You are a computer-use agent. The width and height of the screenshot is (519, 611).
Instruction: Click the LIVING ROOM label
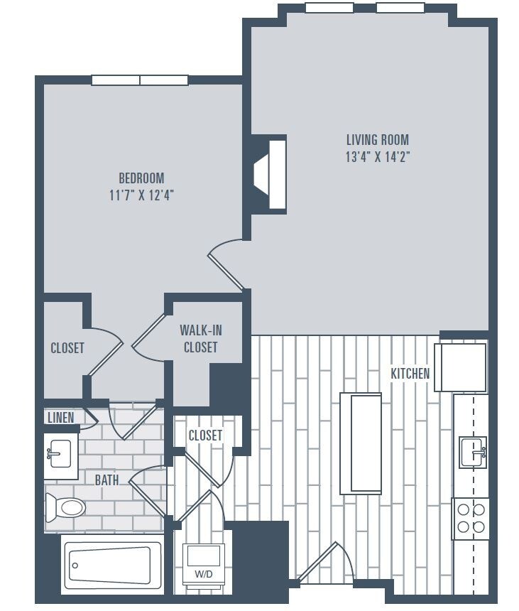tap(377, 140)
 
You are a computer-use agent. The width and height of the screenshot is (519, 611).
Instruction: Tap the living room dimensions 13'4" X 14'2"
tap(377, 158)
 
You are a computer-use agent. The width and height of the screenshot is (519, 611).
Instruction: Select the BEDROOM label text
tap(141, 178)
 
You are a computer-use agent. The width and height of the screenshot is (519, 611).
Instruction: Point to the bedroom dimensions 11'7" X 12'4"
tap(141, 195)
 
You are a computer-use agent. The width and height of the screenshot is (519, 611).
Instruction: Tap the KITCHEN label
tap(410, 373)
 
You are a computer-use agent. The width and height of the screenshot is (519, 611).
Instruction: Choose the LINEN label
tap(60, 418)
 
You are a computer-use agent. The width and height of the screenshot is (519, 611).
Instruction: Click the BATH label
tap(107, 480)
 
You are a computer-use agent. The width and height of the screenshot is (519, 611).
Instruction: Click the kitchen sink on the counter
tap(473, 451)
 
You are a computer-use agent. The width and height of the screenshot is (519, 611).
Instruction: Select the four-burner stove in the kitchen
tap(471, 518)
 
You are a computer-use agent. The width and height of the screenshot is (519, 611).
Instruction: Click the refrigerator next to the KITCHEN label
tap(461, 367)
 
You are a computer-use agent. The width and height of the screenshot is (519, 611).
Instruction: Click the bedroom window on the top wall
tap(140, 80)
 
